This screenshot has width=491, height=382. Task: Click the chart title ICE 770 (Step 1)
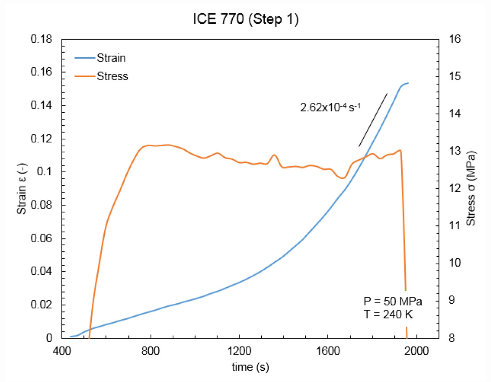[x=245, y=19]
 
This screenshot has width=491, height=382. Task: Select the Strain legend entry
[x=111, y=58]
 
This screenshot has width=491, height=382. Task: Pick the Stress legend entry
[x=112, y=76]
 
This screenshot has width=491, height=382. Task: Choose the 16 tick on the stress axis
[x=455, y=39]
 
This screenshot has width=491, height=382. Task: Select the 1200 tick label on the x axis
[x=239, y=351]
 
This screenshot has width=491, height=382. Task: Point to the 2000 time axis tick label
[x=416, y=351]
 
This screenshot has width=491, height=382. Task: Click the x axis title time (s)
[x=250, y=367]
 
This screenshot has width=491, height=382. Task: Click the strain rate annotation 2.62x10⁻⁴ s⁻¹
[x=330, y=108]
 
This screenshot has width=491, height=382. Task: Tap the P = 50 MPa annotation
[x=393, y=301]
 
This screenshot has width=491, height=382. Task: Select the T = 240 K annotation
[x=388, y=314]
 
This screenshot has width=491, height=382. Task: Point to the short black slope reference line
[x=373, y=120]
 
